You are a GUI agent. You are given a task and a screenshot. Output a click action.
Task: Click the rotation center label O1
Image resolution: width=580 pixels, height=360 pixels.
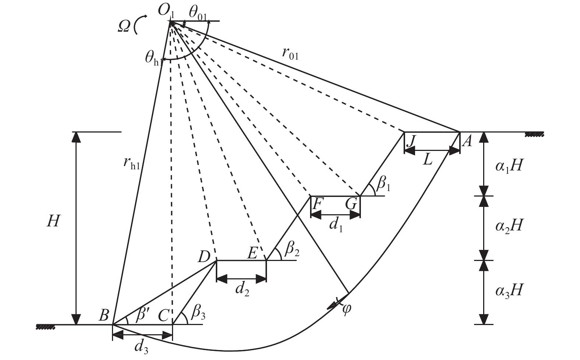166,11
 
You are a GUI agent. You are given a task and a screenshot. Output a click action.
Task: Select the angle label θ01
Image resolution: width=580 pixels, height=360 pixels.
198,13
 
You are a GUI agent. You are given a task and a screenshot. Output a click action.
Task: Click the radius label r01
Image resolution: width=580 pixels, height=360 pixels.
290,54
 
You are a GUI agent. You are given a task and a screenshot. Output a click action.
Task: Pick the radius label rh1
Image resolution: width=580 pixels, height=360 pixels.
131,163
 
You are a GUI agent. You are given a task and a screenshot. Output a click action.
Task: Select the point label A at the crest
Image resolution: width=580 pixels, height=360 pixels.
467,142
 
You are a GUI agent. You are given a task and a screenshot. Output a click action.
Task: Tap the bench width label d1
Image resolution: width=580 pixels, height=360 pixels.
336,225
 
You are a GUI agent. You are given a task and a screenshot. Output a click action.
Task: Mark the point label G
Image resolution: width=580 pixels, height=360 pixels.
352,204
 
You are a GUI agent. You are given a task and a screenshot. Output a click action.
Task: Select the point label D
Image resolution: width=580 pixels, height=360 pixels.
204,257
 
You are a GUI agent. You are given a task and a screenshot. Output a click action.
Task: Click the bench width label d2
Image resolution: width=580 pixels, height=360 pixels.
242,290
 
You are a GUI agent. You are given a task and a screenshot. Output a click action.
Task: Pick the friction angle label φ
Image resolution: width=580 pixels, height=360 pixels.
347,309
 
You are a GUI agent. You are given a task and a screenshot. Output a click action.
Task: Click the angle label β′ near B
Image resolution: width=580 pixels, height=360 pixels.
141,315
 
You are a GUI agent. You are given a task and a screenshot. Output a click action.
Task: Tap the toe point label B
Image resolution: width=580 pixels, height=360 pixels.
104,315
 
